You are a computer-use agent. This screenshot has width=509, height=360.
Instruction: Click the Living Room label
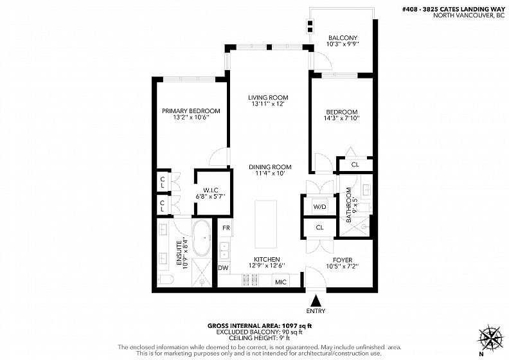[x=268, y=97]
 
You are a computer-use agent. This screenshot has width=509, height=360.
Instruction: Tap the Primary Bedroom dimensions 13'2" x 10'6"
[x=191, y=118]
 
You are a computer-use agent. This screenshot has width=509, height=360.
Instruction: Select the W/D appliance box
[x=319, y=207]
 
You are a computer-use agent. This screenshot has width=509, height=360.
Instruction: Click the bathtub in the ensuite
[x=202, y=238]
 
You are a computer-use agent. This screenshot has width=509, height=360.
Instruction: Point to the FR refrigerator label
[x=226, y=228]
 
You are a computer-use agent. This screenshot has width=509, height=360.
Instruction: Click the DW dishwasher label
[x=223, y=268]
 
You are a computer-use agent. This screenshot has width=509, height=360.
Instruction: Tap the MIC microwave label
[x=281, y=282]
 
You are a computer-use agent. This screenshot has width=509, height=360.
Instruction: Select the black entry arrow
[x=316, y=301]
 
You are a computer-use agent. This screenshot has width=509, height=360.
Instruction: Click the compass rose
[x=490, y=338]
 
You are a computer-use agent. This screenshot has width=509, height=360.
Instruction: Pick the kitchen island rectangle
[x=266, y=224]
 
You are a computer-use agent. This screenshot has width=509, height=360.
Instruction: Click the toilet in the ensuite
[x=166, y=280]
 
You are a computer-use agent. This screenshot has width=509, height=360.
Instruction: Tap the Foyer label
[x=343, y=260]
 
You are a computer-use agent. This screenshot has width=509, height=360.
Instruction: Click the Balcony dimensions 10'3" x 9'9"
[x=343, y=44]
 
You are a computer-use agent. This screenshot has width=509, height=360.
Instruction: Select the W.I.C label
[x=211, y=190]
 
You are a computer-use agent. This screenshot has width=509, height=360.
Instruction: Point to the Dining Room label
[x=270, y=167]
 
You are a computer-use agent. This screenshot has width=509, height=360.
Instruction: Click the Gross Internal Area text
[x=260, y=326]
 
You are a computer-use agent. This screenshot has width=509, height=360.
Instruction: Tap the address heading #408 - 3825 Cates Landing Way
[x=454, y=10]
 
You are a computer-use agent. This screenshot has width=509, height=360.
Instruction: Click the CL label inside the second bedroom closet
[x=355, y=165]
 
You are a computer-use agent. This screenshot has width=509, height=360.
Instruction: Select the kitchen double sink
[x=224, y=251]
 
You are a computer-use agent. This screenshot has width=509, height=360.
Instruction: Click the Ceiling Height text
[x=260, y=338]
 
